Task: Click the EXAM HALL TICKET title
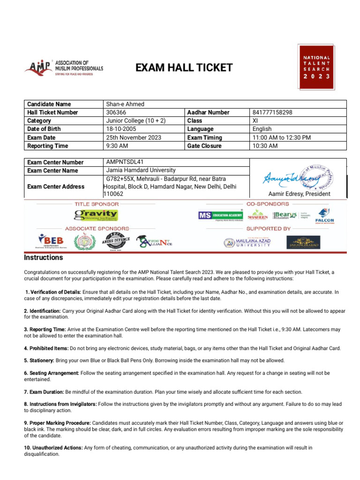pos(184,68)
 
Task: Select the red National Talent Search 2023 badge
pos(316,67)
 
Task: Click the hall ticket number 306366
pos(116,112)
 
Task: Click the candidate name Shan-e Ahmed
pos(125,104)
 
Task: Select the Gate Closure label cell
pos(204,146)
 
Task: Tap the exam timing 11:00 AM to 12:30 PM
pos(282,137)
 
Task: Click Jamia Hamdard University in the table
pos(141,170)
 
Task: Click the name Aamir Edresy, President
pos(299,194)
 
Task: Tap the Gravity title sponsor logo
pos(96,215)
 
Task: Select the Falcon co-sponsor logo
pos(324,216)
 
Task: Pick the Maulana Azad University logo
pos(247,242)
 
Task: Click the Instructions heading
pos(43,258)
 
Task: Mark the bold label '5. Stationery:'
pos(39,360)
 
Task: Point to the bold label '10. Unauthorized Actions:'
pos(53,448)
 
